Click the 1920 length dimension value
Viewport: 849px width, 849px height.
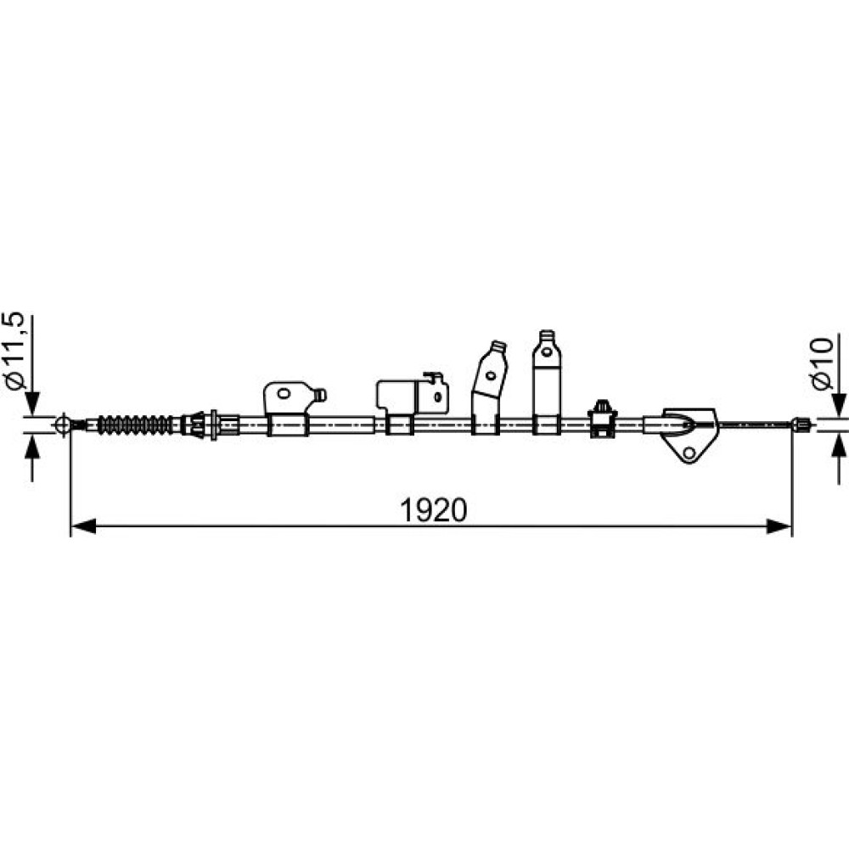coord(433,510)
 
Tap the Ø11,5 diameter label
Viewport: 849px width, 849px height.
coord(15,351)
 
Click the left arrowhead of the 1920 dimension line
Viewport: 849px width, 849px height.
coord(83,526)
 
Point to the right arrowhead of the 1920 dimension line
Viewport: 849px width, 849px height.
coord(779,526)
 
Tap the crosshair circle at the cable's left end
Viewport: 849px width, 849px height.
coord(63,424)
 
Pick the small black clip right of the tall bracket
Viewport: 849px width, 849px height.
coord(602,418)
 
